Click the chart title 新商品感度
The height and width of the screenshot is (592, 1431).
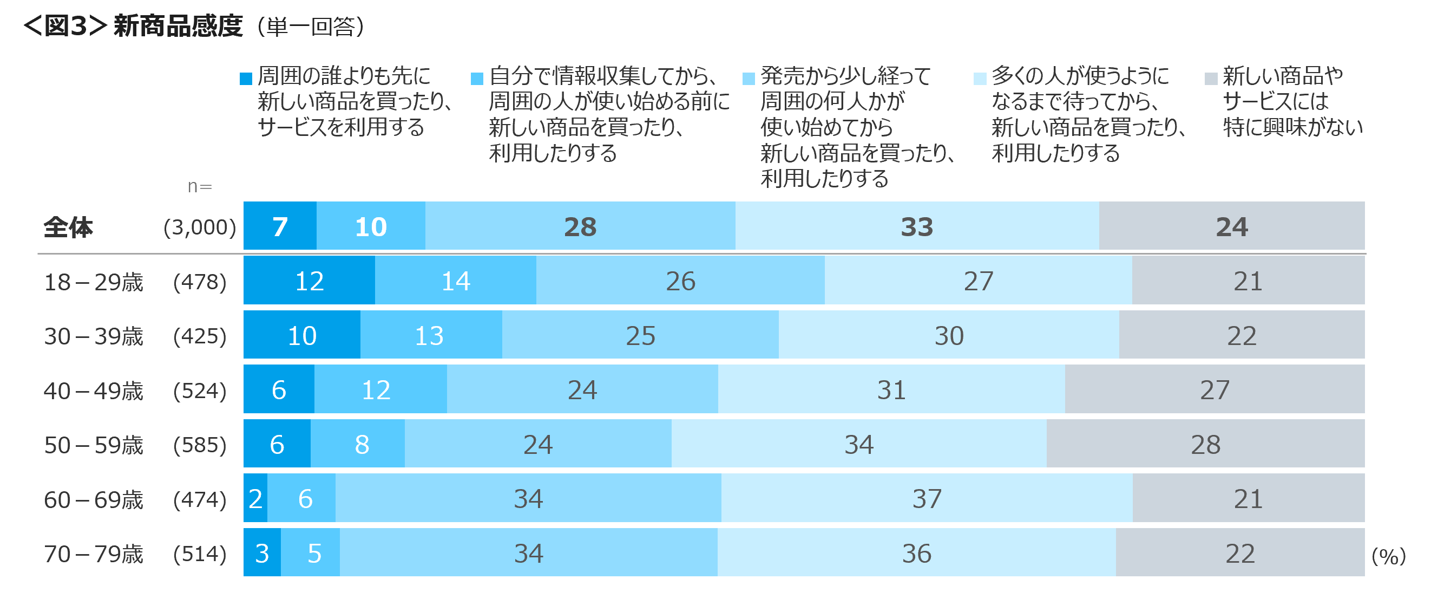pos(178,27)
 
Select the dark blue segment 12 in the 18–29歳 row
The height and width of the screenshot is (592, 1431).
pos(309,281)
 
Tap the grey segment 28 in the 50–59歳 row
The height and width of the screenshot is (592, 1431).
pos(1205,444)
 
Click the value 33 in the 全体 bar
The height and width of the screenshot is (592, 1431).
pos(917,227)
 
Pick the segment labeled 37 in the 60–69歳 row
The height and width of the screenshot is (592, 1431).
pos(927,499)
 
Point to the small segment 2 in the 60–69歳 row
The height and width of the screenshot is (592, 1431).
pos(255,499)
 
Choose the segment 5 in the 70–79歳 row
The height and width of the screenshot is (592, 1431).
pos(314,553)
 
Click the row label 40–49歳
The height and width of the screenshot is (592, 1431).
pos(93,391)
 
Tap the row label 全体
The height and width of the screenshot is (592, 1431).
pos(68,227)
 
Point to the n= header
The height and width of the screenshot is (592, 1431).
pos(199,186)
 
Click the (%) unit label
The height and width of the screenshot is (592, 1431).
pos(1388,556)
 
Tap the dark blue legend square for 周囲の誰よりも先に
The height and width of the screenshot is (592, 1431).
pos(246,79)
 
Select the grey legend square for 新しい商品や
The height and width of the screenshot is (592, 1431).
pos(1211,79)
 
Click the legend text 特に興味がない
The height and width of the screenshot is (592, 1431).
pos(1292,127)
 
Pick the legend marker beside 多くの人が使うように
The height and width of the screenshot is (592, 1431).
pos(980,79)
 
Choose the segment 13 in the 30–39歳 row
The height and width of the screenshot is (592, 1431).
pos(429,335)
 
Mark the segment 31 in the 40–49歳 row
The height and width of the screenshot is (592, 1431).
pos(891,389)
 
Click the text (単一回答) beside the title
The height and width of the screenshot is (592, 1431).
pos(310,27)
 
